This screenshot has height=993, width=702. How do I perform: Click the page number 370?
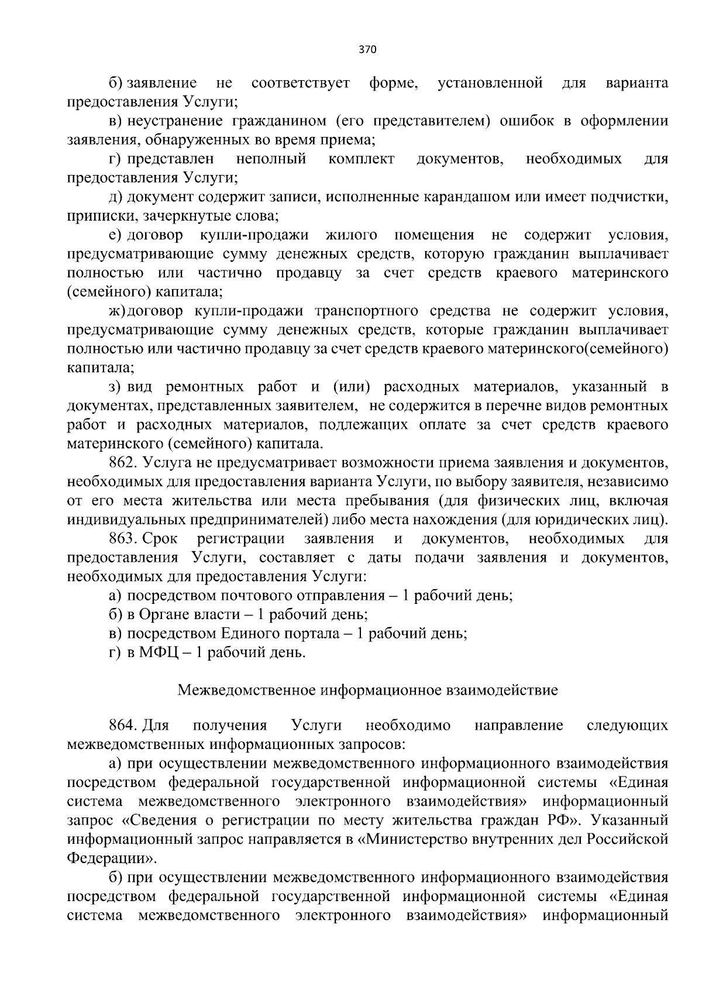[367, 50]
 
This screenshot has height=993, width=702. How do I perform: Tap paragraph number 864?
[123, 726]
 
